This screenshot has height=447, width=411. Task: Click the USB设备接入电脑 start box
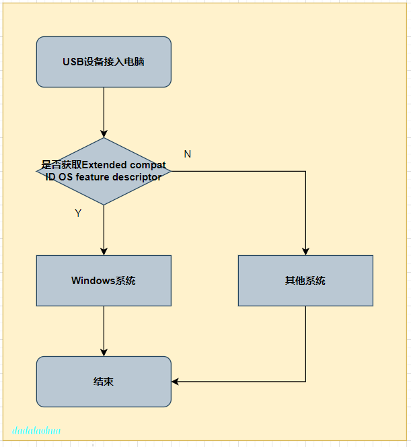click(104, 62)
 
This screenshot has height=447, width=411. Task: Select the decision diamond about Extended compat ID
click(104, 172)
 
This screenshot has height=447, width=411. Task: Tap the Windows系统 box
click(104, 281)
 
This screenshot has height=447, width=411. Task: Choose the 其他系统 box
click(305, 281)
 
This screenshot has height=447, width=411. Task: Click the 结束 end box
click(104, 382)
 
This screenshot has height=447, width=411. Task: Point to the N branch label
click(188, 154)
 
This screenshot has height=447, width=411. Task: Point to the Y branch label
click(78, 213)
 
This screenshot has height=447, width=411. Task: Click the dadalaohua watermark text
click(36, 430)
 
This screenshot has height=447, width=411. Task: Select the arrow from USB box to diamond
click(104, 111)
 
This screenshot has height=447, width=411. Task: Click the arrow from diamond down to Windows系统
click(104, 229)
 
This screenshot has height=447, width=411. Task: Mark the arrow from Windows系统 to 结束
click(104, 330)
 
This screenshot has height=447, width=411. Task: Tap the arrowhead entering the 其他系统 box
click(305, 251)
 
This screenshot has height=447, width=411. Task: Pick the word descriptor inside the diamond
click(137, 177)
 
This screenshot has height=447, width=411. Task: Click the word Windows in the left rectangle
click(93, 281)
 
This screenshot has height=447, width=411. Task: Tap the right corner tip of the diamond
click(170, 172)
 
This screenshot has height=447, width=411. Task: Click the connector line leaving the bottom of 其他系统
click(305, 343)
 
